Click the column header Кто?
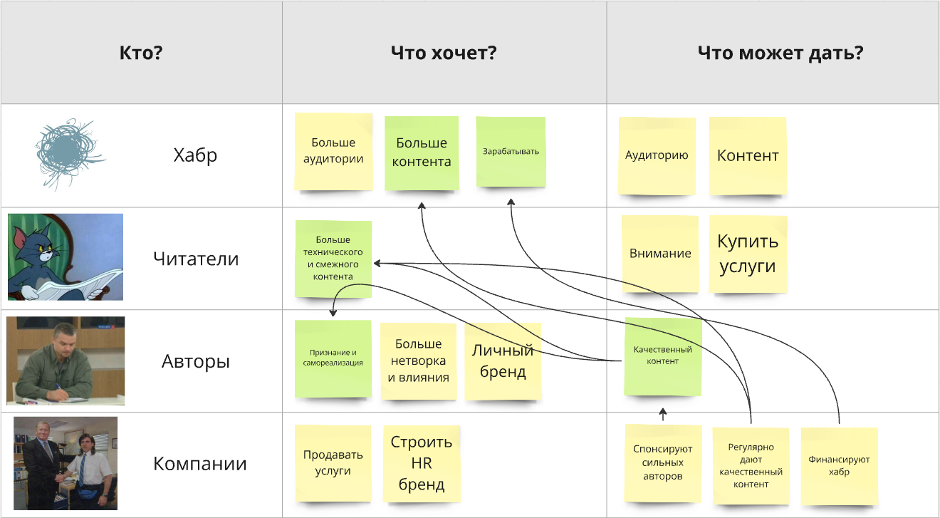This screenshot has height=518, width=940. [141, 53]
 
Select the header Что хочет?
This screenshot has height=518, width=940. [444, 53]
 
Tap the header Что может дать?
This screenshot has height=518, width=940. [780, 53]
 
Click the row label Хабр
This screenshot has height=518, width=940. [195, 155]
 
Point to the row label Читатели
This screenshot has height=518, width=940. [196, 259]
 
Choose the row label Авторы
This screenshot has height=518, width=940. [196, 361]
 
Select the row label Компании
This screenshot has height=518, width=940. [200, 465]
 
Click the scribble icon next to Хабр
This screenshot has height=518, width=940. [68, 153]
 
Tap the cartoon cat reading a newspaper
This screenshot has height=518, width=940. [65, 257]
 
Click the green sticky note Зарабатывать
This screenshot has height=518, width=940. [511, 152]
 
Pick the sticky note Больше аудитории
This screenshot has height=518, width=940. [333, 152]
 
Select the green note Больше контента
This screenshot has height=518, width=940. [422, 153]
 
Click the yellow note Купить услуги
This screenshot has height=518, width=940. [748, 254]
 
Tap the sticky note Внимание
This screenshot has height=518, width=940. [660, 254]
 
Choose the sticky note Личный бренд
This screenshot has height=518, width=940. [503, 361]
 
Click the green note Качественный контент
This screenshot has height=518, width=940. [663, 356]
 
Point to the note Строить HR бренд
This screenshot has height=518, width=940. [421, 464]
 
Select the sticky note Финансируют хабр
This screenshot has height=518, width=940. [839, 466]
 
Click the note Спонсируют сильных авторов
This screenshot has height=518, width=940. [663, 463]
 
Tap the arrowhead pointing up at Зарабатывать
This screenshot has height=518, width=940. [511, 203]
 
